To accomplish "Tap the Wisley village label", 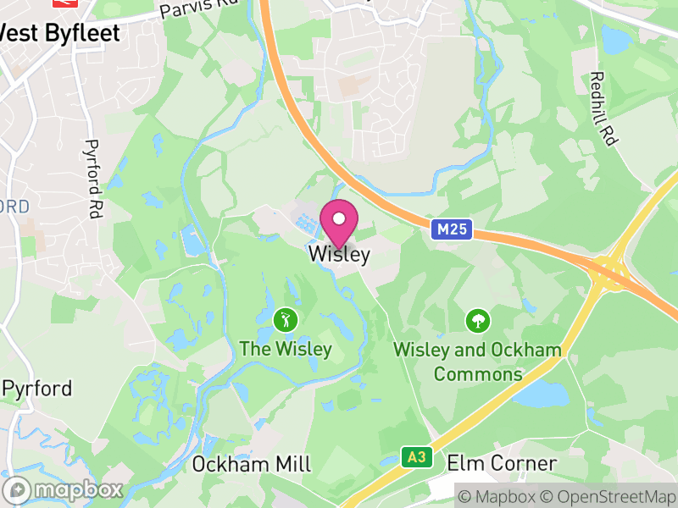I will point(339,254).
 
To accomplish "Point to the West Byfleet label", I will point(59,32).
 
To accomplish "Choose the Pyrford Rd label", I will point(92,177).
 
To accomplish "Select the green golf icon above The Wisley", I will point(286,319).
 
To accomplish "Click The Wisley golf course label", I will point(286,349).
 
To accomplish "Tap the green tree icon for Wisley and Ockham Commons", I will point(478,320).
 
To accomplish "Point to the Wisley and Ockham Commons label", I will point(478,362).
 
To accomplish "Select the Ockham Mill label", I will point(252,464).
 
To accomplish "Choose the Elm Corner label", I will point(502,463).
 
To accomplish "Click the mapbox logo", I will point(64,489).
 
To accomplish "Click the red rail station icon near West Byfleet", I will point(65,3).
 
